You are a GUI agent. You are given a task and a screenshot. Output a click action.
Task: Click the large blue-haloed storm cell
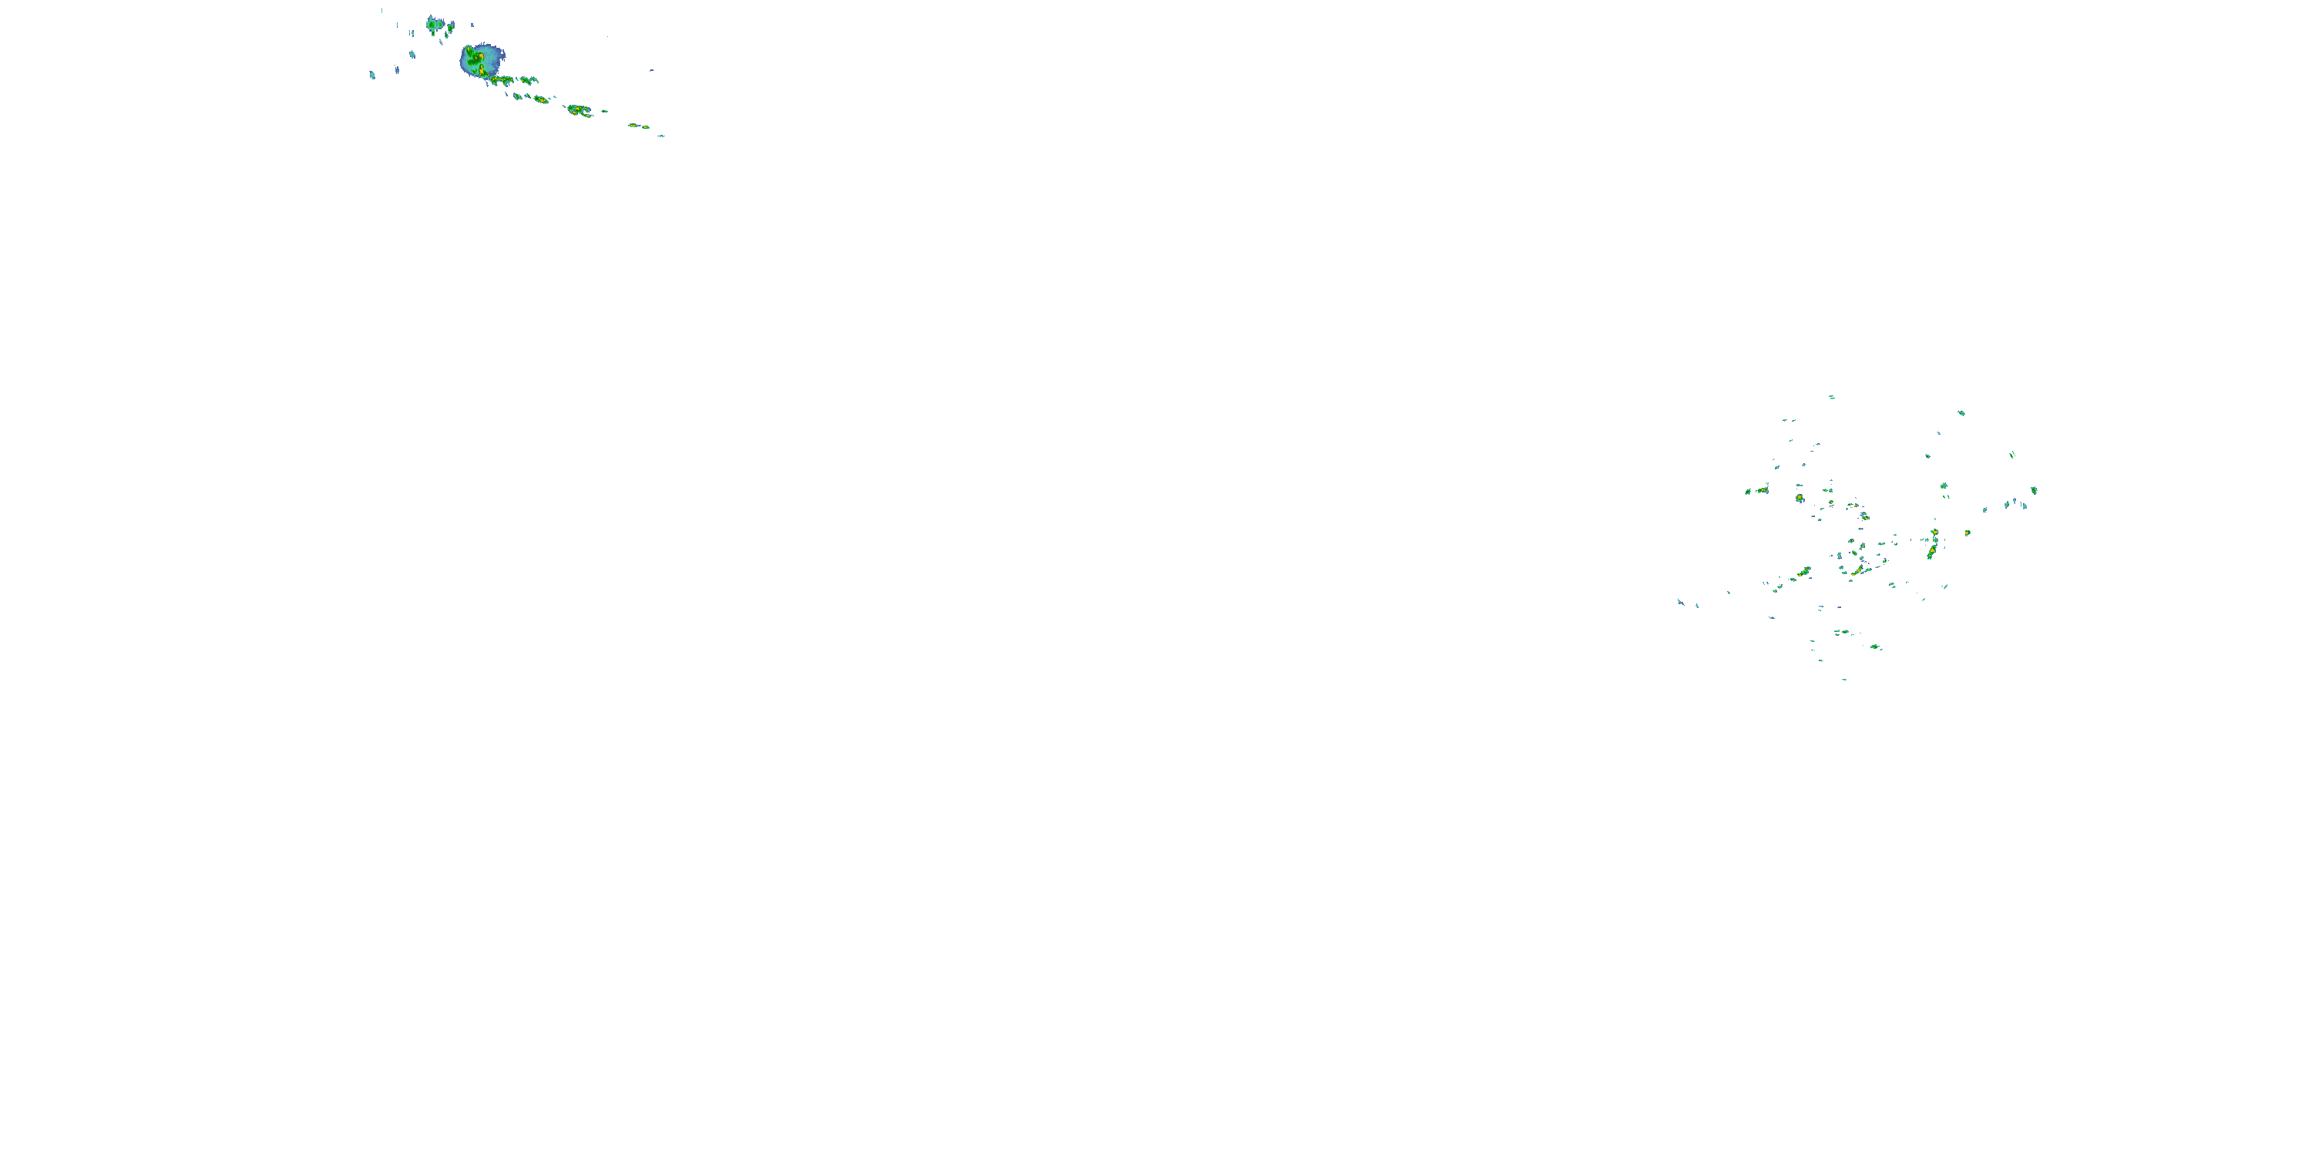(482, 60)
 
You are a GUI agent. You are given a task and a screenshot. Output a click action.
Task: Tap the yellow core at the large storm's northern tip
(469, 49)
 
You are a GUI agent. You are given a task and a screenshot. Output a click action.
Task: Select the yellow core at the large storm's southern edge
(482, 71)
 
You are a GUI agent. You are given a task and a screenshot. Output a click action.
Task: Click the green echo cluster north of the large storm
(433, 24)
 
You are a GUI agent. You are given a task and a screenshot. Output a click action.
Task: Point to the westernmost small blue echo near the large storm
(371, 75)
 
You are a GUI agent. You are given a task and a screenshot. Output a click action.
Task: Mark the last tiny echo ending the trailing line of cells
(661, 136)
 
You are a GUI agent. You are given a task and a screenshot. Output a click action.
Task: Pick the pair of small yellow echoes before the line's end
(638, 126)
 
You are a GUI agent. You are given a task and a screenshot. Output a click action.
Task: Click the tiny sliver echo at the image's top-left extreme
(381, 11)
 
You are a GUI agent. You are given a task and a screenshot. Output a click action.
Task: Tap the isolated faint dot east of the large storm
(651, 70)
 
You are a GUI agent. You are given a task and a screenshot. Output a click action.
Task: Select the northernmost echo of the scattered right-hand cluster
(1831, 397)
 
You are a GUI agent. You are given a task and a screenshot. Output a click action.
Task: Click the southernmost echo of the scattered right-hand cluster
(1844, 678)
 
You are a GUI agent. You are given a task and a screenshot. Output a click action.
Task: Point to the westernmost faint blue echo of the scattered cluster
(1681, 602)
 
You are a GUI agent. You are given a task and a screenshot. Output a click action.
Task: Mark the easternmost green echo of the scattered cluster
(2034, 490)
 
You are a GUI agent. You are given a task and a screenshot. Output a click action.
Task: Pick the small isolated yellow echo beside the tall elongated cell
(1968, 533)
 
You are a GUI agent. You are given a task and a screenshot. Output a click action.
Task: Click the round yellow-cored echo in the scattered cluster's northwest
(1800, 498)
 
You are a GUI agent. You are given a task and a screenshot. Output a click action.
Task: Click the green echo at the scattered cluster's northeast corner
(1961, 413)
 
